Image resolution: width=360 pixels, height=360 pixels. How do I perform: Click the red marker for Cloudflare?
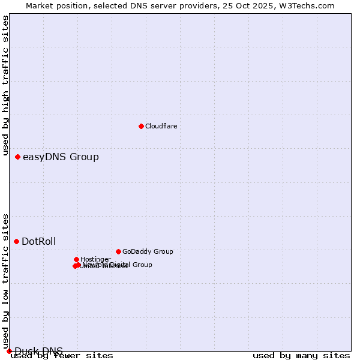click(x=141, y=126)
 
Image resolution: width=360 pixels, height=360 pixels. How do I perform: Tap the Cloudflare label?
click(x=161, y=126)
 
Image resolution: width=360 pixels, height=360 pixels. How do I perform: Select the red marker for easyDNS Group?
click(x=17, y=157)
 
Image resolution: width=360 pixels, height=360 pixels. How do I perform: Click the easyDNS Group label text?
click(x=61, y=157)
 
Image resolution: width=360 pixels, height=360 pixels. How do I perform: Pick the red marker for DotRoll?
click(x=16, y=241)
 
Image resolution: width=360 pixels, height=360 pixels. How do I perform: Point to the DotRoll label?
click(x=38, y=242)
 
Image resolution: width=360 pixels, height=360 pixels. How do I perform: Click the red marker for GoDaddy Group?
click(x=118, y=251)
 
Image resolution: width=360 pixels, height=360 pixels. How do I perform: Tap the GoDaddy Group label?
click(x=148, y=252)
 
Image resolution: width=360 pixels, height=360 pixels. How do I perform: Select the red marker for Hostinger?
click(x=76, y=259)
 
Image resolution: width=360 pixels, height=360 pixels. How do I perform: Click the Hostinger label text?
click(x=95, y=259)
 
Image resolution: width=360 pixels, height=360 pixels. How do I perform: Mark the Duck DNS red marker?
click(x=9, y=351)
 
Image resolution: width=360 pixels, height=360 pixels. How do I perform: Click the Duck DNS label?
click(x=38, y=351)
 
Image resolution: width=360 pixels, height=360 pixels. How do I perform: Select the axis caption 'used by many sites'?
click(x=301, y=355)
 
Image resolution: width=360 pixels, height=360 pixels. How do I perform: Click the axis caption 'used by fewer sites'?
click(x=62, y=355)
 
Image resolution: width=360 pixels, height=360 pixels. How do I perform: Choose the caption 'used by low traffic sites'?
click(x=6, y=280)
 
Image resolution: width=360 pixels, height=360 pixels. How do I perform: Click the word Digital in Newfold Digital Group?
click(x=120, y=265)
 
